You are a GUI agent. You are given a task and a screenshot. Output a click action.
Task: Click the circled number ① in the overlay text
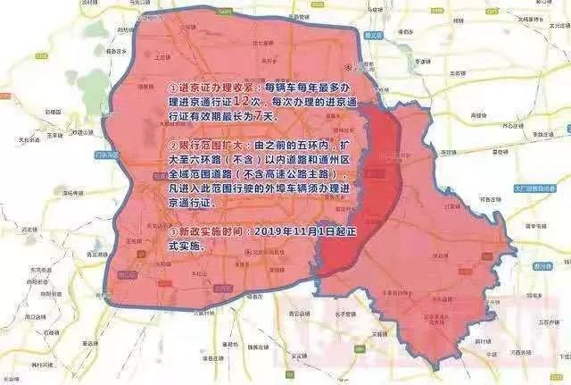[x=171, y=89]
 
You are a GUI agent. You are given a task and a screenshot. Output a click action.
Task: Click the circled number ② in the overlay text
[x=171, y=143]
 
